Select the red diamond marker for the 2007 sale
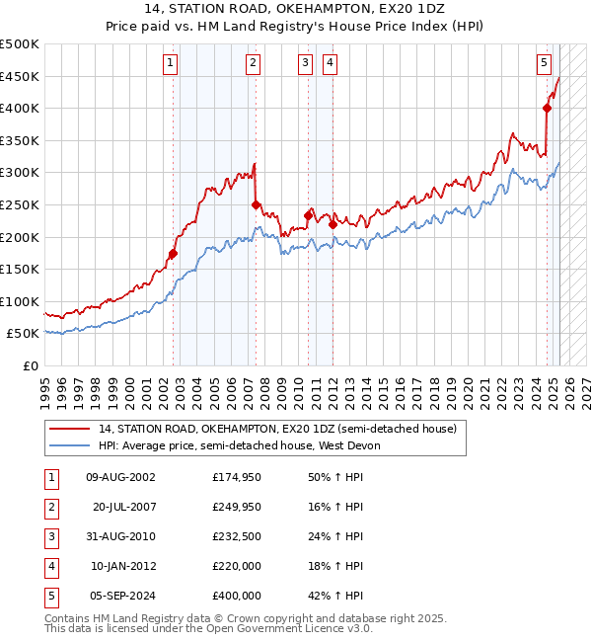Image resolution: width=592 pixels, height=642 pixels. tap(257, 205)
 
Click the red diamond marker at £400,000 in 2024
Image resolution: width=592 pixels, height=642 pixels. tap(547, 109)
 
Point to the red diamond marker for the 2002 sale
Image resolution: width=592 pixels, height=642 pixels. tap(173, 254)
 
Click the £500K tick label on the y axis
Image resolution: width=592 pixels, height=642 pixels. tap(20, 44)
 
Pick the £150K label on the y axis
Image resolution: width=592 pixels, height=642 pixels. tap(20, 269)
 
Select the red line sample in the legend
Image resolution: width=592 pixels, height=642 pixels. tap(69, 430)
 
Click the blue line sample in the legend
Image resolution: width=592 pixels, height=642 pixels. tap(69, 446)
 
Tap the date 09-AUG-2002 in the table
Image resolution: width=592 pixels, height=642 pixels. tap(120, 477)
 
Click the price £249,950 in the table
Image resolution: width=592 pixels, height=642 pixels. tap(237, 507)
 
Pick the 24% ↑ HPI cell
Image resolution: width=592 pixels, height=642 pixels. tap(335, 536)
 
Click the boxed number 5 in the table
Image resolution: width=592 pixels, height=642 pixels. tap(51, 596)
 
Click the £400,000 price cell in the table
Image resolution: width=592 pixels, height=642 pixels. tap(237, 596)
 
